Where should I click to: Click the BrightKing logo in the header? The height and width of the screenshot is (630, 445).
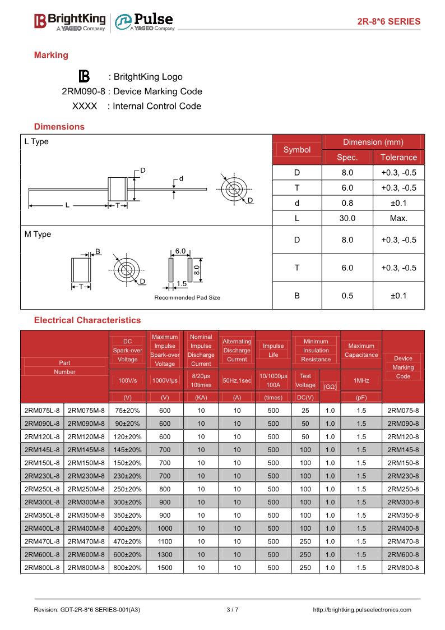click(69, 21)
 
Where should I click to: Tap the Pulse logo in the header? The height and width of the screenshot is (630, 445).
click(145, 21)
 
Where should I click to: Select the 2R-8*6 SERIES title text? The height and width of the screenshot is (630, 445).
click(389, 21)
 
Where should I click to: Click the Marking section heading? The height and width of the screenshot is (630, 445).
click(51, 55)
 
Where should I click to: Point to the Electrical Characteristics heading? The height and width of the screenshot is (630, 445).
click(87, 320)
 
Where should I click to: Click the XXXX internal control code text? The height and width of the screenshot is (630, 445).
click(85, 106)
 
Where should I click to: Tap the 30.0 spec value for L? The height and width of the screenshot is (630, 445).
click(347, 218)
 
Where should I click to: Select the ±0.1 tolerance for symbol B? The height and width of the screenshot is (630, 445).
click(398, 296)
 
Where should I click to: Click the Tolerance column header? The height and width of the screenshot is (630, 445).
click(398, 157)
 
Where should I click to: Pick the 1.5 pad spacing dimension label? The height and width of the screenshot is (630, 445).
click(182, 284)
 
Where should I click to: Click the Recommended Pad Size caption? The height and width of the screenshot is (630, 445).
click(187, 297)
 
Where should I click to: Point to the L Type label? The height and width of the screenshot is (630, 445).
click(36, 142)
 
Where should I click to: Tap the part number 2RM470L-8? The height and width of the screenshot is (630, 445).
click(42, 541)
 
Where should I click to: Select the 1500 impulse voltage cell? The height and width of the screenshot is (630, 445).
click(165, 568)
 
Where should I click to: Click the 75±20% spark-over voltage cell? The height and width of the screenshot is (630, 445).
click(128, 411)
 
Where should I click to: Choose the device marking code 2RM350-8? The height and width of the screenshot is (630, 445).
click(403, 515)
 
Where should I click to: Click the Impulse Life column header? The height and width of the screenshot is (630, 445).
click(273, 350)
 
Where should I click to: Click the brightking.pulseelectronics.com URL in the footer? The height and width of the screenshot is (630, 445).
click(361, 610)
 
